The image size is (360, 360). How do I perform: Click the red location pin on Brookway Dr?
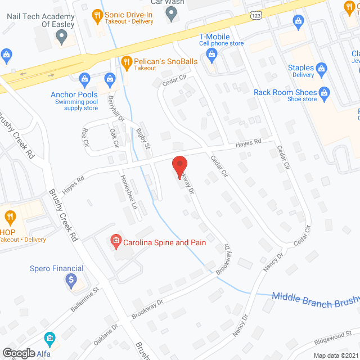click(x=179, y=166)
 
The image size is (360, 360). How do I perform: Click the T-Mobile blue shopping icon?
click(x=211, y=54)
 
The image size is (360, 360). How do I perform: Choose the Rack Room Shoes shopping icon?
click(x=324, y=92)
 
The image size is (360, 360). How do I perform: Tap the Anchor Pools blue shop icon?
click(x=85, y=78)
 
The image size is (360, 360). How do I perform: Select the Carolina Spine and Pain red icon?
click(x=115, y=242)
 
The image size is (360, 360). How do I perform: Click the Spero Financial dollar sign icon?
click(x=71, y=281)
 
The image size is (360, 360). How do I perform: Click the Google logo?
click(x=18, y=353)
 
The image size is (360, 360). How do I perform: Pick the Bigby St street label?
click(x=143, y=138)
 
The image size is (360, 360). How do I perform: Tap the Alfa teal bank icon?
click(x=49, y=339)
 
